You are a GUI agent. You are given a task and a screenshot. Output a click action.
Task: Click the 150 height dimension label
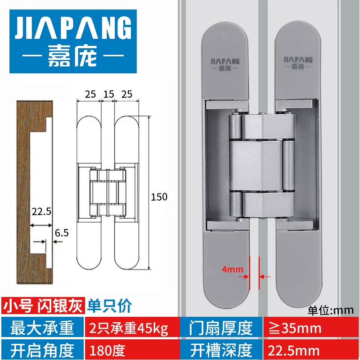tap(159, 197)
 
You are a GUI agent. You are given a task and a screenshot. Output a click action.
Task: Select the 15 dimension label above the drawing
tap(108, 94)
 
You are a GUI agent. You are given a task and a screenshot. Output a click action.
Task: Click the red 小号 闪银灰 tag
tap(44, 306)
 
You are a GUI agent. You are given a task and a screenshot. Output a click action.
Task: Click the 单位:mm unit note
tap(332, 310)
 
